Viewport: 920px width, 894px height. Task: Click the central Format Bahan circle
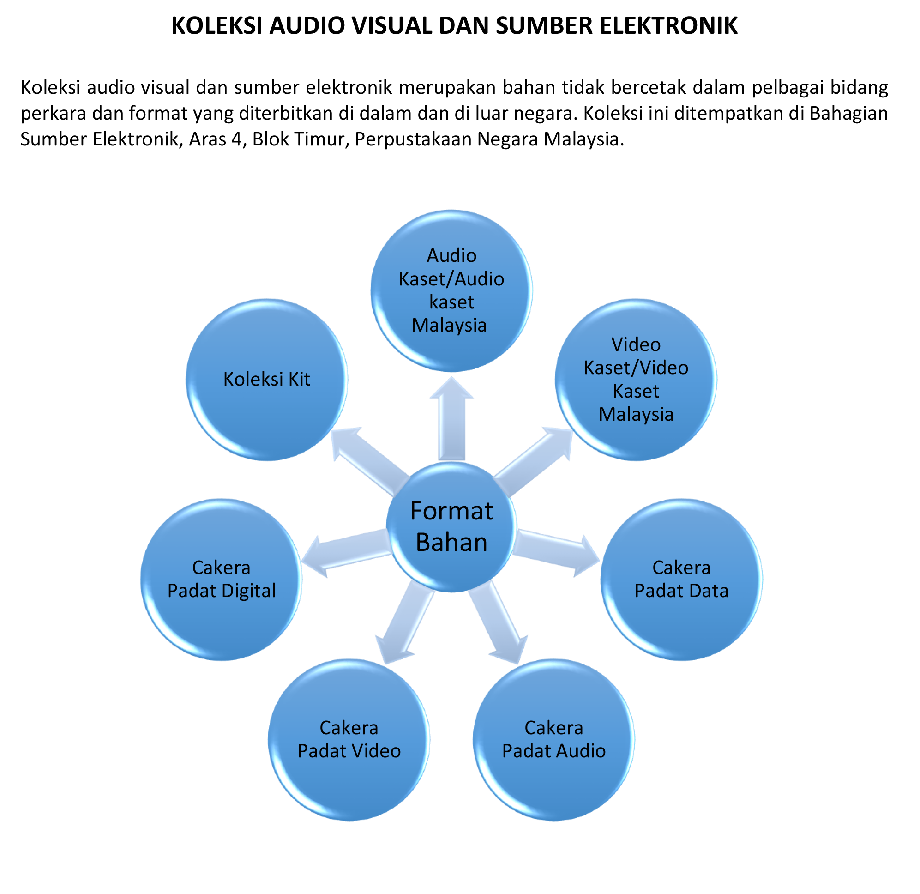click(x=451, y=527)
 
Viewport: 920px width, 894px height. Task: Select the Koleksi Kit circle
click(x=267, y=380)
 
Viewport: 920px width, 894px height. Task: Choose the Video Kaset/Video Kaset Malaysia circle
click(x=636, y=380)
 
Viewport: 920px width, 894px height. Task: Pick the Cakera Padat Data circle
click(x=681, y=580)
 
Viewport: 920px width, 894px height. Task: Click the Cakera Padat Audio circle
click(x=553, y=740)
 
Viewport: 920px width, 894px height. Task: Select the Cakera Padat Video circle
click(x=349, y=740)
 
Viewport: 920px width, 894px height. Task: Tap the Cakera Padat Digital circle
click(x=221, y=580)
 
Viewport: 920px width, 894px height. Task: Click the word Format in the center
click(x=451, y=511)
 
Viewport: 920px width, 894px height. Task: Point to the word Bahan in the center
click(x=451, y=543)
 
